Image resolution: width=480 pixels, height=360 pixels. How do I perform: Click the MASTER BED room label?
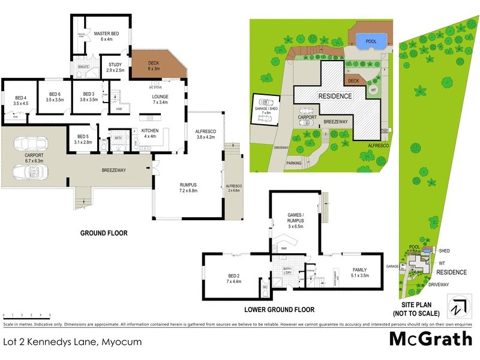[107, 36]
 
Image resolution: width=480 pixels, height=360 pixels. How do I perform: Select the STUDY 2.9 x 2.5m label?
[115, 67]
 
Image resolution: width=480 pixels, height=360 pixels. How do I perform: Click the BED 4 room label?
[21, 100]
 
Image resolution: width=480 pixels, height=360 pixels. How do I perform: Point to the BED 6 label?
[55, 97]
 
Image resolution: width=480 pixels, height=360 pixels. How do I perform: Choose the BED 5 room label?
[83, 139]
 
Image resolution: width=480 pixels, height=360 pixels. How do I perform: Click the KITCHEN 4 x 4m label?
[150, 133]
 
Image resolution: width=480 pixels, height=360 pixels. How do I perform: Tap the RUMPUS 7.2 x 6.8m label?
[188, 187]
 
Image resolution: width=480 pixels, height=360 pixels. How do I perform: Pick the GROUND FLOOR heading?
[106, 233]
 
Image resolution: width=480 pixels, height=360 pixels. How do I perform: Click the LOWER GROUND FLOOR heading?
[279, 310]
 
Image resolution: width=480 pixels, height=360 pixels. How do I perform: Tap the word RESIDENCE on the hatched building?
[335, 96]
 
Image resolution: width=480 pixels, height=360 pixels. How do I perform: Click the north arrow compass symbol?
[459, 305]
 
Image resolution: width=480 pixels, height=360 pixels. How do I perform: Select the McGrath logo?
[431, 339]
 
